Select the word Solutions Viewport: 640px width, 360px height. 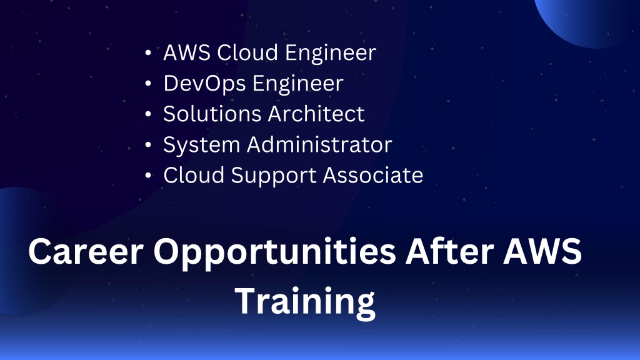[x=212, y=114]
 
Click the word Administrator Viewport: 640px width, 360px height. [x=319, y=144]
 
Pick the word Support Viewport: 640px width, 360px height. [x=273, y=176]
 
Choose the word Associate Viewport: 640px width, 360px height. [x=372, y=175]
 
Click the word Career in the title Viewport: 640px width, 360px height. [x=86, y=251]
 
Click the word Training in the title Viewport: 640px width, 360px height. [x=305, y=302]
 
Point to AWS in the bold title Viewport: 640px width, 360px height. [x=543, y=251]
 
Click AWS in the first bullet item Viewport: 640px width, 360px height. [x=186, y=52]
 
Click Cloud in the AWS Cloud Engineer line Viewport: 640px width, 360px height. [x=247, y=52]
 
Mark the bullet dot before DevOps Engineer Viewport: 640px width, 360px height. [x=148, y=83]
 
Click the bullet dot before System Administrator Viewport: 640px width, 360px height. [x=148, y=144]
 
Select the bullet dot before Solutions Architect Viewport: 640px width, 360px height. [x=148, y=114]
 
